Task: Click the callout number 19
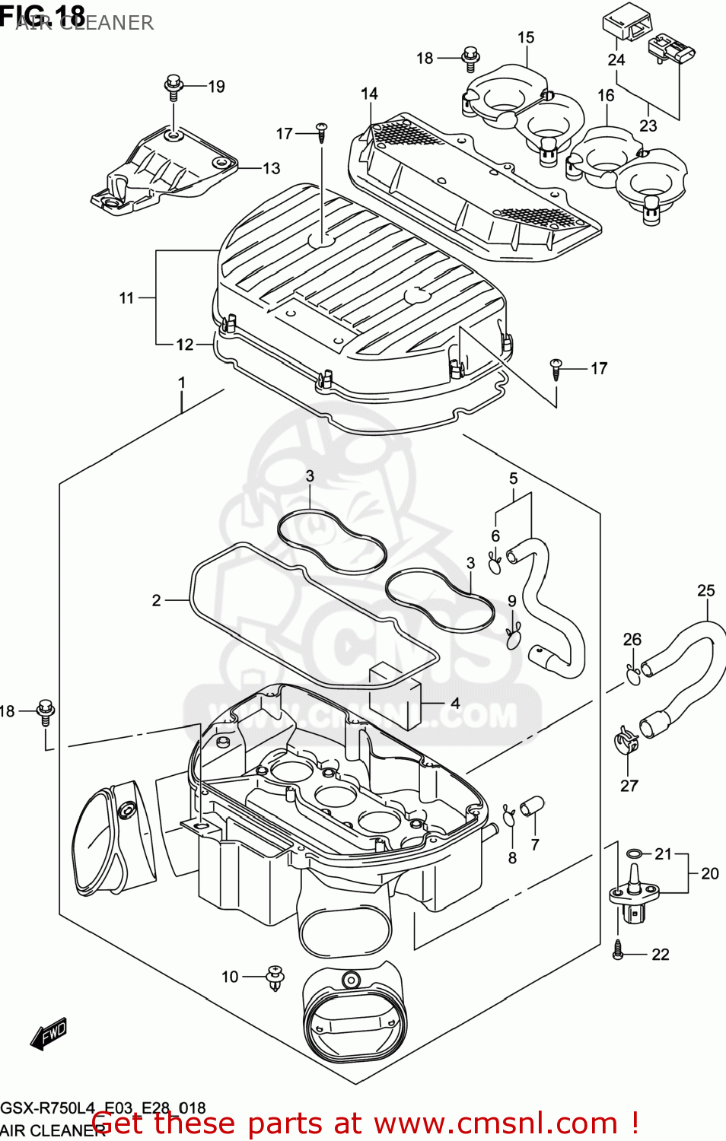(216, 87)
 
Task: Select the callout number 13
(271, 168)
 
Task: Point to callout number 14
(369, 94)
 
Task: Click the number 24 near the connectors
(616, 59)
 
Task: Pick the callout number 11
(126, 298)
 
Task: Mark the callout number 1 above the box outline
(182, 382)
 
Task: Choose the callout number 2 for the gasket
(157, 600)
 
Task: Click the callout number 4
(455, 703)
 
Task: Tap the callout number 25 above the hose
(705, 590)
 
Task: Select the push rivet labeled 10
(274, 977)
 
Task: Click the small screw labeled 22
(618, 949)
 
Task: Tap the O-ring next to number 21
(634, 853)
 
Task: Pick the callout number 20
(709, 873)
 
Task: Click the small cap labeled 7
(532, 805)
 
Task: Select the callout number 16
(606, 96)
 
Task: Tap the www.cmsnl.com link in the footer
(495, 1124)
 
